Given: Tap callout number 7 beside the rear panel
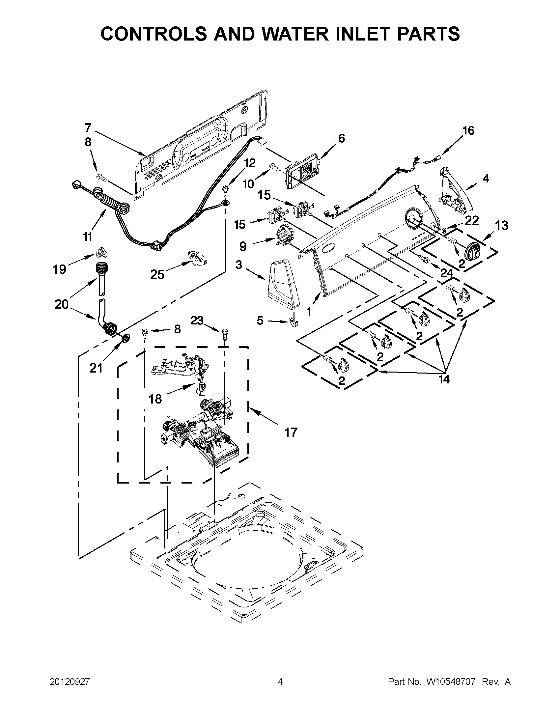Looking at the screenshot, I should pos(88,127).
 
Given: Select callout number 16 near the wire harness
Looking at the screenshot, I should pos(468,131).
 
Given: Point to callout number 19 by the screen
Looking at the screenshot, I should pos(60,269).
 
